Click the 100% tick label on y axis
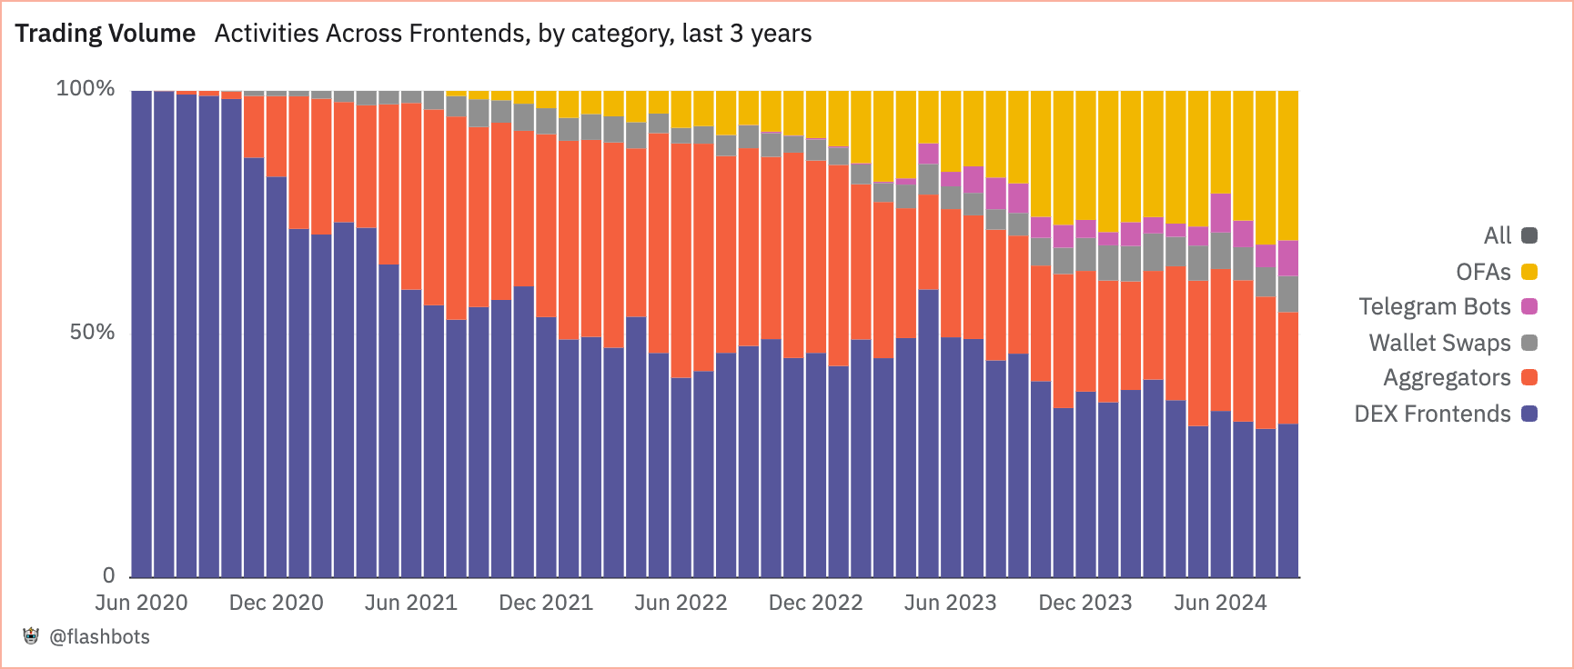point(86,88)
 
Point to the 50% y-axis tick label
point(92,332)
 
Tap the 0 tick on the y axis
point(108,575)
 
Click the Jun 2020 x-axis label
point(141,603)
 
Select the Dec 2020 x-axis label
point(276,603)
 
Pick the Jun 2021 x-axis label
point(410,603)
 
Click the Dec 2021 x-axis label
point(546,603)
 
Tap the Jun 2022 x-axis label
point(681,603)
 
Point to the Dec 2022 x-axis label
point(815,603)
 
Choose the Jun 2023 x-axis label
point(950,603)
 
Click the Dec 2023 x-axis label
point(1085,603)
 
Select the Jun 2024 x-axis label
point(1219,603)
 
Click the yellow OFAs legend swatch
point(1529,272)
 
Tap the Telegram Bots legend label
point(1434,307)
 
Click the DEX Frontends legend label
point(1432,414)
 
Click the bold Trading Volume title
point(106,34)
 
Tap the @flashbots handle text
point(99,637)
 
